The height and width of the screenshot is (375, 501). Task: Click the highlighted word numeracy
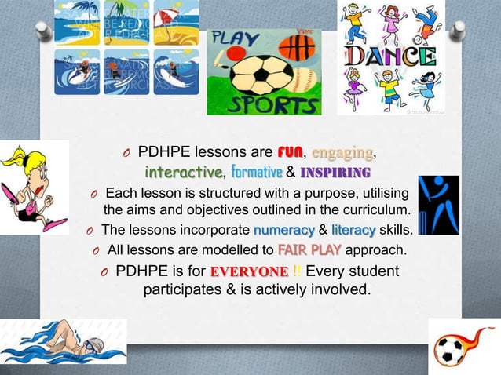point(283,231)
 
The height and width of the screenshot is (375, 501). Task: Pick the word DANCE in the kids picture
point(390,57)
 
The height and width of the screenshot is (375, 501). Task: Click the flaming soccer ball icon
point(452,348)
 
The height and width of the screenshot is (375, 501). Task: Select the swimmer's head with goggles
point(92,344)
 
